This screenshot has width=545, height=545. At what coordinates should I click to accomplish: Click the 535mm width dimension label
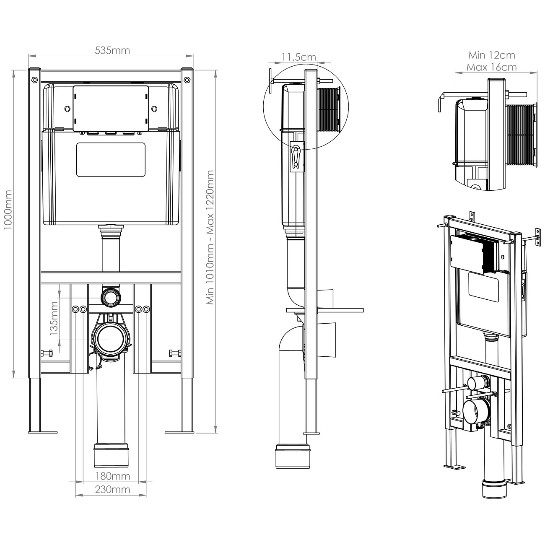click(112, 50)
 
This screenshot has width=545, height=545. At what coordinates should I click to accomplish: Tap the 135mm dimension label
click(54, 317)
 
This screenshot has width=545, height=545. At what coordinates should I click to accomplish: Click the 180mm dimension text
click(112, 476)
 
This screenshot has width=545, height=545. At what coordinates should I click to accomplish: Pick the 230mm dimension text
click(112, 489)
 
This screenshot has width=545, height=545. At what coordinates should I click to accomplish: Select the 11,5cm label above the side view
click(298, 57)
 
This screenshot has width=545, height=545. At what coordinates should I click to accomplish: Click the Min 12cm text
click(491, 55)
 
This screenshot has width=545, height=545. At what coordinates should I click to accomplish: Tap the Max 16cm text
click(491, 67)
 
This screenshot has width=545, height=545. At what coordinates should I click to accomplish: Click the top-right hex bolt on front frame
click(187, 79)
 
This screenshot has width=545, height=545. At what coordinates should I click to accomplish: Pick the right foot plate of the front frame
click(179, 432)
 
